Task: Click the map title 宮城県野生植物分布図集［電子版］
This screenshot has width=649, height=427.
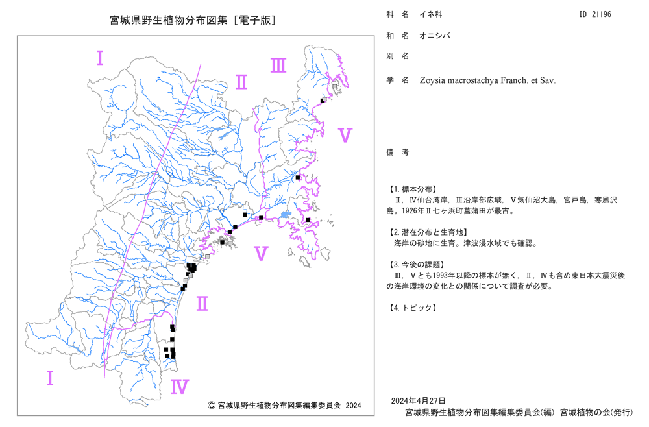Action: (193, 20)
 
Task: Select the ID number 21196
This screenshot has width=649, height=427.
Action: (602, 14)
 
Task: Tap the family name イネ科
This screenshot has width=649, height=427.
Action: (431, 14)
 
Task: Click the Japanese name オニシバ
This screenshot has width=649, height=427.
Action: (435, 36)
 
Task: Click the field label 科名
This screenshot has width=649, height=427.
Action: (398, 14)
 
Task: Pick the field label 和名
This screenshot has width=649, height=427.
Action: (398, 36)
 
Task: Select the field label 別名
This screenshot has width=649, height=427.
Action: (398, 56)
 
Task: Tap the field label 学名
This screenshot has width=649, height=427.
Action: (398, 80)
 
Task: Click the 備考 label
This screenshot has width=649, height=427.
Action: (398, 152)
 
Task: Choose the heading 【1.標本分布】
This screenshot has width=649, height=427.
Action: (412, 189)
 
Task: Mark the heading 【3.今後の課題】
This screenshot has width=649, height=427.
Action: (417, 264)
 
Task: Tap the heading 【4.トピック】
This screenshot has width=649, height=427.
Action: (412, 308)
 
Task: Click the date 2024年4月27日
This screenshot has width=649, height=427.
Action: (419, 400)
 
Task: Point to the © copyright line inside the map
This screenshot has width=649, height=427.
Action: (284, 405)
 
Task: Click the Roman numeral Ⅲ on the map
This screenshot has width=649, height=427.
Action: (278, 66)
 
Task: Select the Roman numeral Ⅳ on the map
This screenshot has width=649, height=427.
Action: (180, 387)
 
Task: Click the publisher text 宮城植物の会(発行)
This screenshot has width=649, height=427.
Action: (596, 412)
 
